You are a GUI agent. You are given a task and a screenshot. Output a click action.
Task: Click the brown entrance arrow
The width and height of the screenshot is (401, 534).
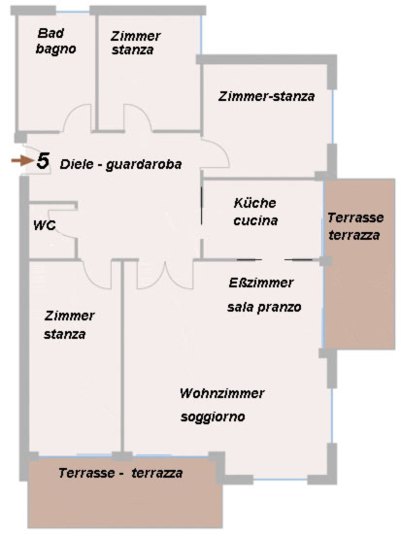pos(21,161)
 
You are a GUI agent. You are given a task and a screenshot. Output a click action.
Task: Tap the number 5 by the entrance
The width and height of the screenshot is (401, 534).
pos(43,161)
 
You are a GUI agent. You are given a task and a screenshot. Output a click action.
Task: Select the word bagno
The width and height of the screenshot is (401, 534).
pos(55,49)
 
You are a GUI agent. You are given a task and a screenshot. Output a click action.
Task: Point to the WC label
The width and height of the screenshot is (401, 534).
pos(45,226)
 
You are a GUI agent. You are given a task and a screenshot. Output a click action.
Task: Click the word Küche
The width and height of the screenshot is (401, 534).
pos(254,203)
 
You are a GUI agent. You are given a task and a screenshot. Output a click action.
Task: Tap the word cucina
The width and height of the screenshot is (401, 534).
pos(255,220)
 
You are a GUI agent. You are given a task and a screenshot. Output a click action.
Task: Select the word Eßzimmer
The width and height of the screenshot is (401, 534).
pos(261,283)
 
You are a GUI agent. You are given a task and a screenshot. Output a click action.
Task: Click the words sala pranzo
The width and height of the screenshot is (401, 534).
pos(264,307)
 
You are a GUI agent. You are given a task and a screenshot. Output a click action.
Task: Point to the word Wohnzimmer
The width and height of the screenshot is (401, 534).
pos(221,393)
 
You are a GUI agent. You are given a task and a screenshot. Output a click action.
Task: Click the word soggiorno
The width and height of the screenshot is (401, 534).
pos(213,417)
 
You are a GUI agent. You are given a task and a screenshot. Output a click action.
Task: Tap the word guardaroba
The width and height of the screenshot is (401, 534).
pos(144,165)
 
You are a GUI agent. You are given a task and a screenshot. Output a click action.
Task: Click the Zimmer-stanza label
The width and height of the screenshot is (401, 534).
pos(266,96)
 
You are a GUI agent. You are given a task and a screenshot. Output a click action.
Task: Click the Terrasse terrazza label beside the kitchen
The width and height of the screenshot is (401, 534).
pos(355,226)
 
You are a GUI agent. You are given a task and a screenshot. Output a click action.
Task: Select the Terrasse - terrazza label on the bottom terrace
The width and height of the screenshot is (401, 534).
pos(120,473)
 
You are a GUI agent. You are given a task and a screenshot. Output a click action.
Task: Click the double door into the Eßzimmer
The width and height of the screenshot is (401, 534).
pos(164,278)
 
